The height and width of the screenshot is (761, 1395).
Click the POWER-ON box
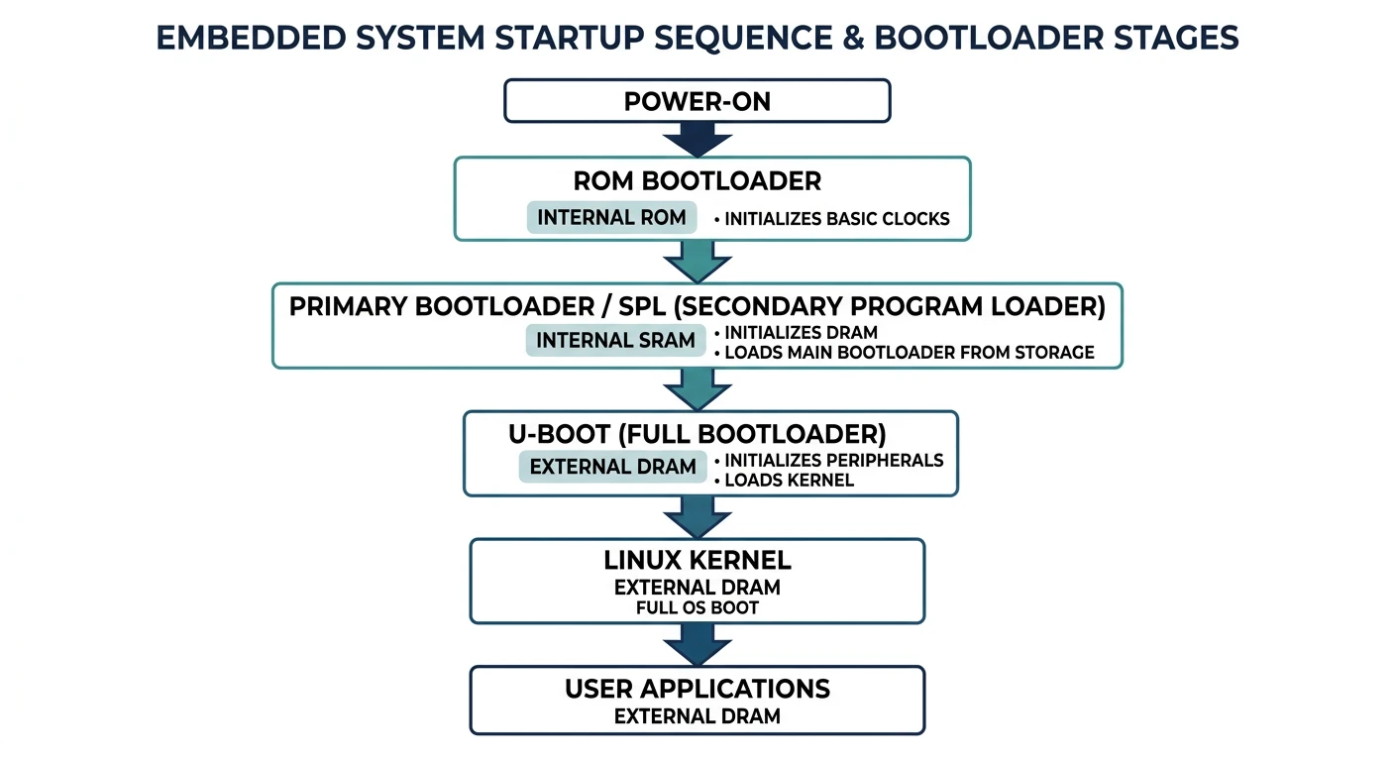click(697, 101)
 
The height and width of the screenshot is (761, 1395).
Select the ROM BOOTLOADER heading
click(697, 181)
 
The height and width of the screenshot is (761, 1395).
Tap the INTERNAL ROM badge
click(611, 217)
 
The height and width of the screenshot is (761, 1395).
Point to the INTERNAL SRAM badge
click(615, 340)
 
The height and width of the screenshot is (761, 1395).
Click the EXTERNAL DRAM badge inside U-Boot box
click(612, 467)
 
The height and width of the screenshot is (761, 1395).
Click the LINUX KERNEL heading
click(697, 560)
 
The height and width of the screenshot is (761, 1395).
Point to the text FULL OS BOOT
click(697, 607)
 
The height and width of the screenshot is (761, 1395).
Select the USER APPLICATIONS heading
click(697, 689)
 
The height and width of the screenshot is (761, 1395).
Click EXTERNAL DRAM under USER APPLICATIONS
click(697, 715)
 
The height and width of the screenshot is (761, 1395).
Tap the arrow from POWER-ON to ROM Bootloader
click(697, 138)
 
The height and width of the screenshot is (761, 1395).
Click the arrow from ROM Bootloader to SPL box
click(697, 261)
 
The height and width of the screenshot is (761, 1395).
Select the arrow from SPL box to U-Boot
click(697, 388)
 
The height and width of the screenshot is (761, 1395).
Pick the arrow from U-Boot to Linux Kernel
click(697, 516)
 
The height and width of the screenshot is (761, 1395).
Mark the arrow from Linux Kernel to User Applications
click(697, 645)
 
